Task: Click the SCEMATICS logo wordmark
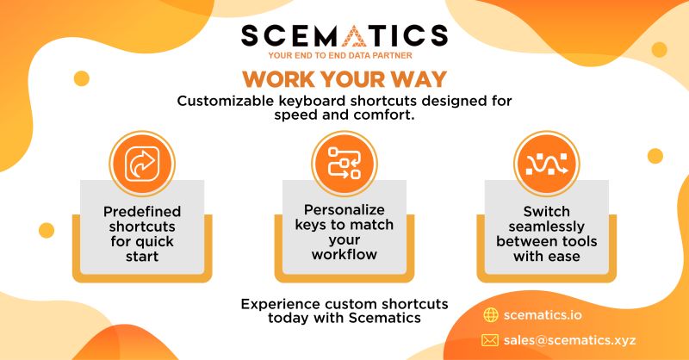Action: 344,36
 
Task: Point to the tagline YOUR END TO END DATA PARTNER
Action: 344,58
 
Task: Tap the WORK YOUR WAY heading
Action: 344,79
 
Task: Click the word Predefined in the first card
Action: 141,210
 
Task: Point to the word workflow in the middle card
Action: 344,256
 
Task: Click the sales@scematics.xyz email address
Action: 571,338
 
